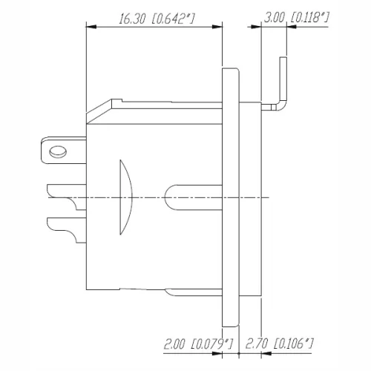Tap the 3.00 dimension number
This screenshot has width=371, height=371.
pos(277,16)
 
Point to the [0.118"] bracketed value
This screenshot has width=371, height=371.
pos(310,16)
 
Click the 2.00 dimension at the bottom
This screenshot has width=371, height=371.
pos(176,343)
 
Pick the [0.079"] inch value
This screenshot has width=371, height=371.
pos(212,343)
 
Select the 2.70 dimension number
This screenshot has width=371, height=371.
pos(257,343)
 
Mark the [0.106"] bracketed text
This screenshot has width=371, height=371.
pos(294,343)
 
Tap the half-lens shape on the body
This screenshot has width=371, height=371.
pos(125,198)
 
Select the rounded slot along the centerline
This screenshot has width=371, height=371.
pos(193,198)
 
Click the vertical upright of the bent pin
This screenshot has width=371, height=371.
pos(281,82)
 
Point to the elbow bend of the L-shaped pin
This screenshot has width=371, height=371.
pos(278,107)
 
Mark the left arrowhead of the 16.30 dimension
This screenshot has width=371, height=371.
pos(91,28)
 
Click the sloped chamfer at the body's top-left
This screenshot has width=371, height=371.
pos(100,110)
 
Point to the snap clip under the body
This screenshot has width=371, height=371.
pos(193,292)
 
